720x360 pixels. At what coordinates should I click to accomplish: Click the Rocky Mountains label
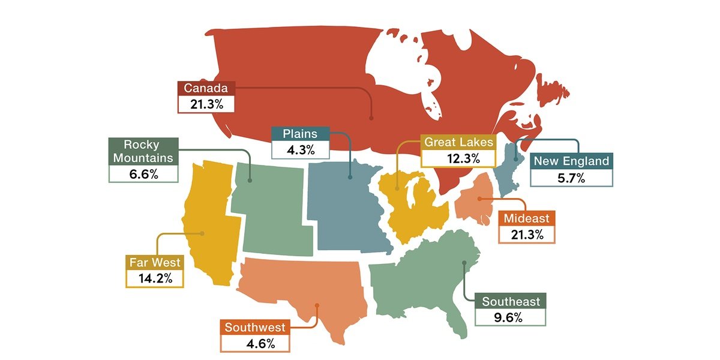(x=143, y=151)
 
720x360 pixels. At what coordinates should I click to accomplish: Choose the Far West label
(x=154, y=263)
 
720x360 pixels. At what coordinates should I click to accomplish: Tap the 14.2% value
(x=154, y=279)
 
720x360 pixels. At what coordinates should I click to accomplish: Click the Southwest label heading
(x=255, y=328)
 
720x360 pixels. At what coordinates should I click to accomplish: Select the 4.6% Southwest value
(x=255, y=344)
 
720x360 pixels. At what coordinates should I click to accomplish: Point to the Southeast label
(x=511, y=302)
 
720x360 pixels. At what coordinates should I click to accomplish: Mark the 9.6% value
(x=511, y=317)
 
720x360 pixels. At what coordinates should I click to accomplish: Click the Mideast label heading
(x=527, y=218)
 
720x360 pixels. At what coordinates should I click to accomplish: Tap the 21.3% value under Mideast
(x=527, y=235)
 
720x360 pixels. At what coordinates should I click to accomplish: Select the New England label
(x=571, y=161)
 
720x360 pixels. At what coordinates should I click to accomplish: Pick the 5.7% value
(x=571, y=178)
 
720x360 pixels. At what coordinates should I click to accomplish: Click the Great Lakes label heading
(x=458, y=142)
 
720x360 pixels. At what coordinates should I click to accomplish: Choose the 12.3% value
(x=458, y=158)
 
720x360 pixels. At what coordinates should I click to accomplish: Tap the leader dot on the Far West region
(x=203, y=233)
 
